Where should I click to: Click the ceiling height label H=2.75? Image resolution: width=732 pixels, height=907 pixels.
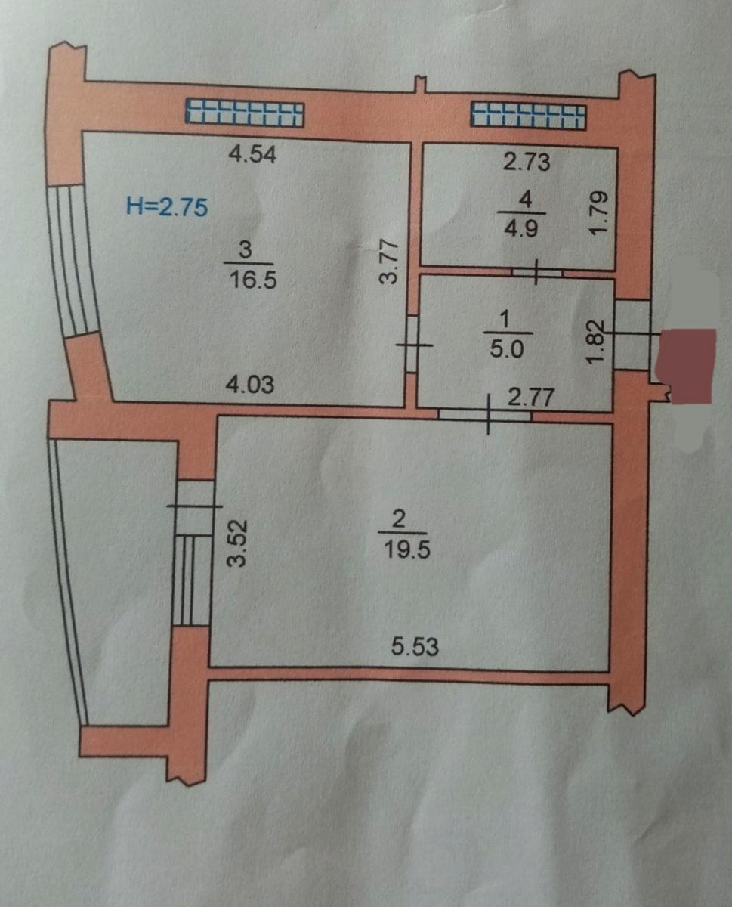pos(167,207)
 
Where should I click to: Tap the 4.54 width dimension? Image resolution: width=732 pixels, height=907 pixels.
pos(252,153)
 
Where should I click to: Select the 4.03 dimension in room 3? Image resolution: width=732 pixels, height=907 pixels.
pos(250,385)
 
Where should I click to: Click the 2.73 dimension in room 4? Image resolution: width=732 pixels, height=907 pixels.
pos(527,163)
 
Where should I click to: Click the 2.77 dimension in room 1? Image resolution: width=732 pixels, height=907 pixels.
pos(530,397)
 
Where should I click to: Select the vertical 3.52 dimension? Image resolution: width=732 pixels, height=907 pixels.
pos(236,543)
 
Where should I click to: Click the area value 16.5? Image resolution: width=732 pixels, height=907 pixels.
pos(253,280)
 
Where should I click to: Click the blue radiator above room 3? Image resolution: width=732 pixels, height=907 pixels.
pos(245,114)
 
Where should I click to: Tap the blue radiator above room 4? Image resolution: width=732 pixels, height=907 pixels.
pos(528,116)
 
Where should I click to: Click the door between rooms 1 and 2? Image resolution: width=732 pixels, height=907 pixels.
pos(485,414)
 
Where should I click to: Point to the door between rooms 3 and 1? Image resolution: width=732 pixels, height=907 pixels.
pos(412,344)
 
